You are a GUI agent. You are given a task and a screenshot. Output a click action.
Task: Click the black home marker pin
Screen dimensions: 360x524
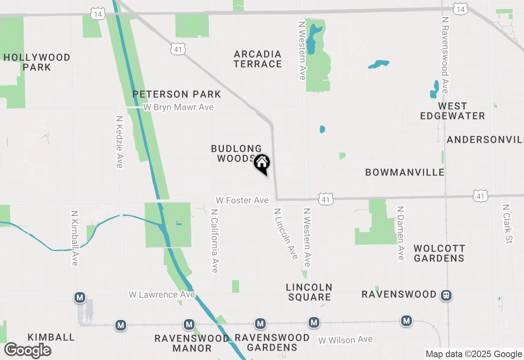[x=262, y=164]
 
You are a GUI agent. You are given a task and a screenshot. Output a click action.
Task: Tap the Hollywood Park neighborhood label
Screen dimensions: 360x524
[x=37, y=62]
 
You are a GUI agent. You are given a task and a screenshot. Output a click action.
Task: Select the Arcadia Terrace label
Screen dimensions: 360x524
[x=258, y=59]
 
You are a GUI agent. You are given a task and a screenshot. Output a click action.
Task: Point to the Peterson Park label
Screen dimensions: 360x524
[x=177, y=94]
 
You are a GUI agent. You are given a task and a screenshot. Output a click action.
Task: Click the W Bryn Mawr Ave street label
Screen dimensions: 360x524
[x=178, y=107]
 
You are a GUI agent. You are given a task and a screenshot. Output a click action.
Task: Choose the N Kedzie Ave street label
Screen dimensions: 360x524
[x=120, y=142]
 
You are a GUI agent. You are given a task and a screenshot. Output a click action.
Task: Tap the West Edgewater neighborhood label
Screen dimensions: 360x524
[x=452, y=111]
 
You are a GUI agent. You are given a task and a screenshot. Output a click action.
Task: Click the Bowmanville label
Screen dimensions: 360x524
[x=405, y=172]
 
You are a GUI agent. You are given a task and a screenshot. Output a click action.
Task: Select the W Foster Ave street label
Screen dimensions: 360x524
[x=242, y=200]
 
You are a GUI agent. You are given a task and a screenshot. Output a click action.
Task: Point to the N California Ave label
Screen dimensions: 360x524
[x=214, y=241]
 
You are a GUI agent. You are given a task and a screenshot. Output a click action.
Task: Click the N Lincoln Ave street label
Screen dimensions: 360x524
[x=286, y=234]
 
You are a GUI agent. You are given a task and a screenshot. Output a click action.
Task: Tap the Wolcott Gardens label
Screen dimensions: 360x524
[x=439, y=253]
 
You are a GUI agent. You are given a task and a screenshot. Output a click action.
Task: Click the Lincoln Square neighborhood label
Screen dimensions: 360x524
[x=309, y=292]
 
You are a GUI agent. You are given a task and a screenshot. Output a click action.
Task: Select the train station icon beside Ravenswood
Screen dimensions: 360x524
[x=446, y=295]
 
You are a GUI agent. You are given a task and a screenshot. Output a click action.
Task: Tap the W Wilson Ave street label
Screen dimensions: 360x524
[x=346, y=340]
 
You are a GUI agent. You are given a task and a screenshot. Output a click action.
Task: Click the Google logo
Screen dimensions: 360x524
[x=27, y=351]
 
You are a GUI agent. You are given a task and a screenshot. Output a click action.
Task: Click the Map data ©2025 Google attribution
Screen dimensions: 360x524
[x=474, y=354]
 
